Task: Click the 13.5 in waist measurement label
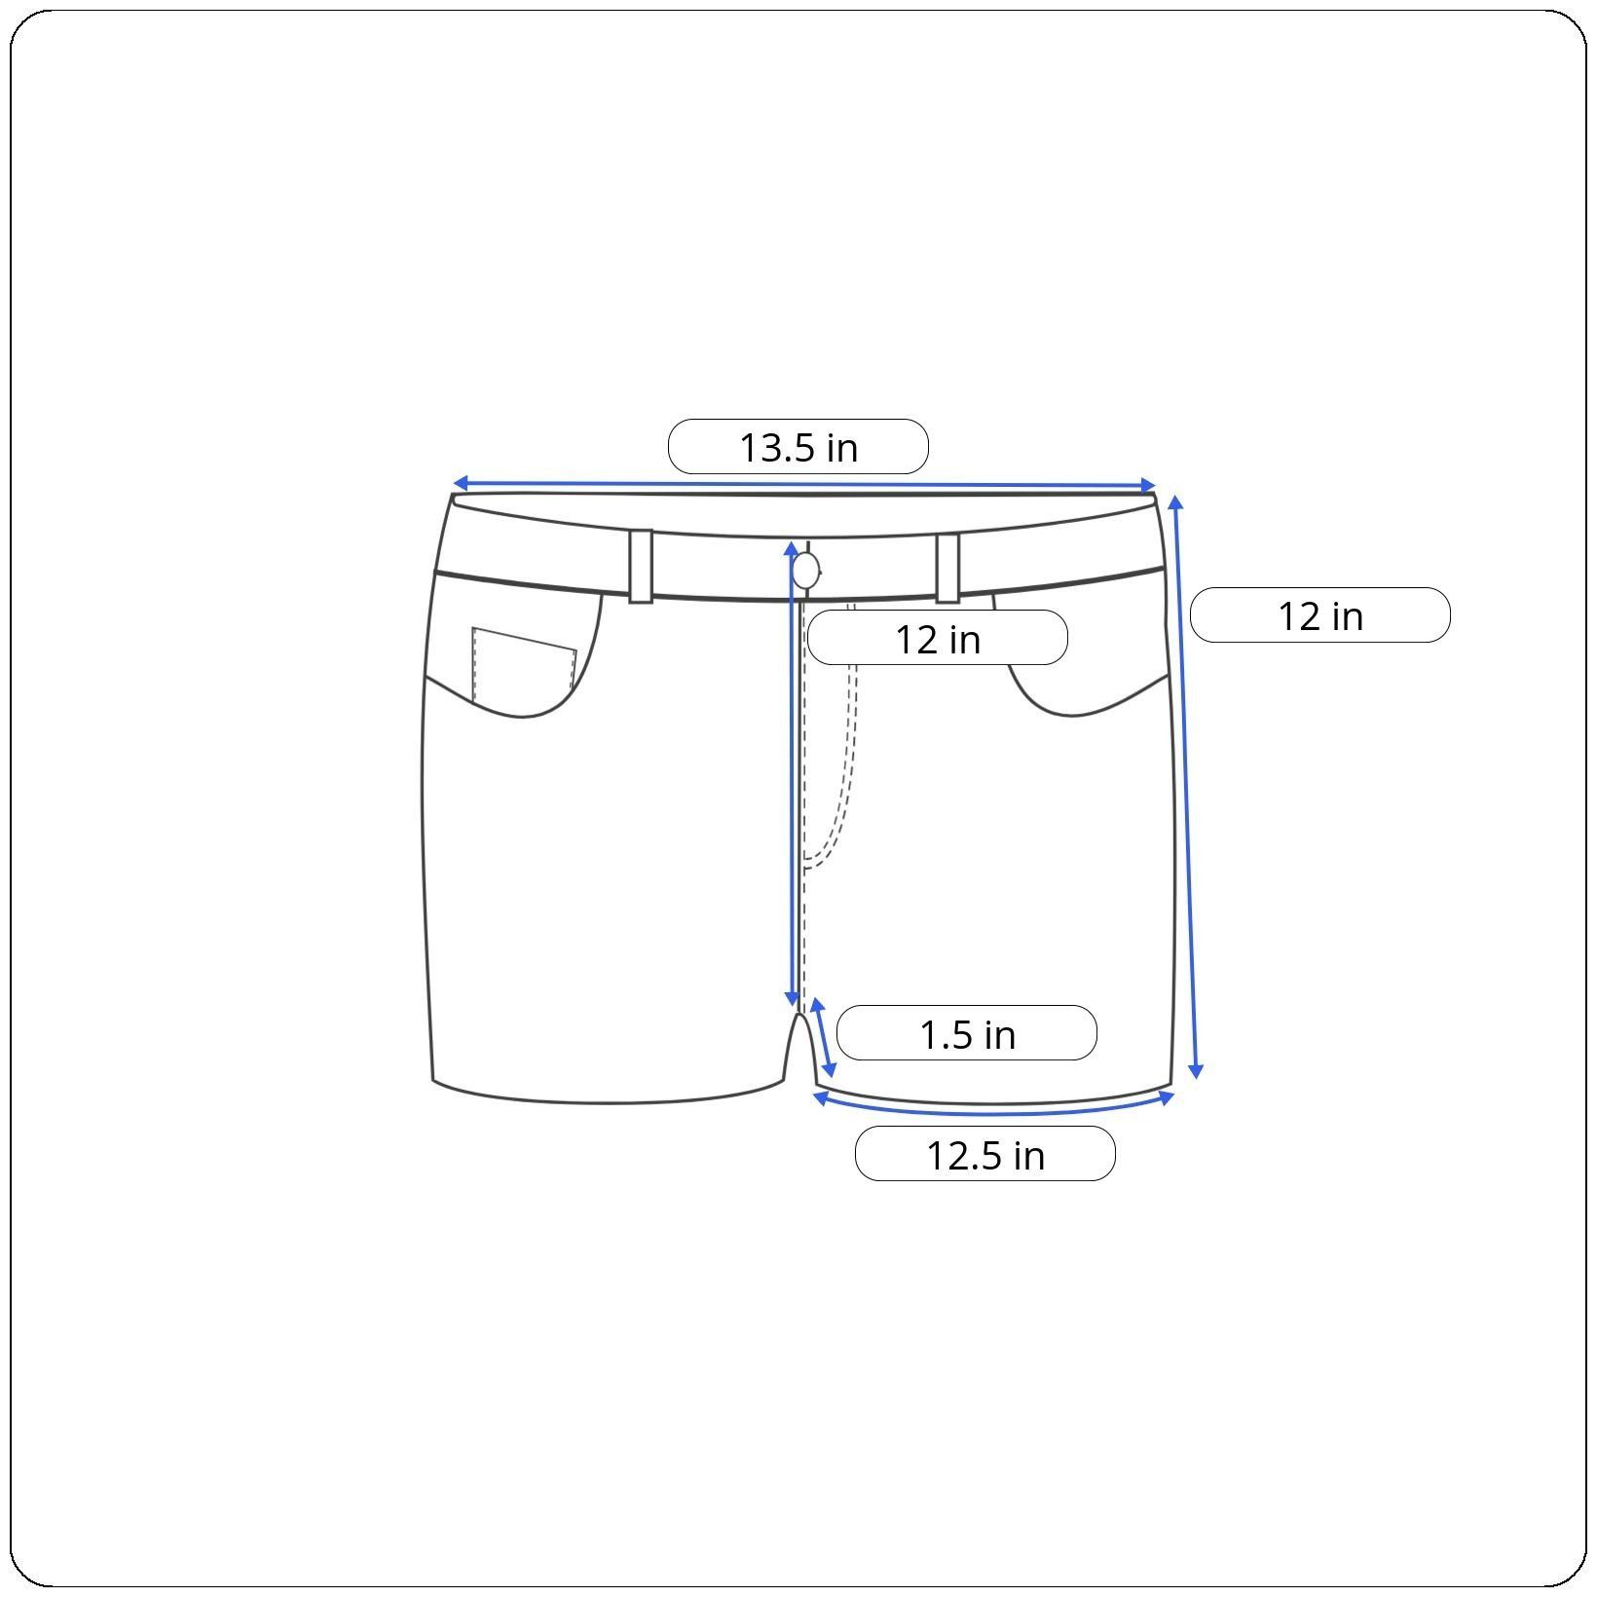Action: (798, 447)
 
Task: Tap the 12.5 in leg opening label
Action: (984, 1154)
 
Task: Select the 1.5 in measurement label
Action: (967, 1033)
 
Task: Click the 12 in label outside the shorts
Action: (1320, 615)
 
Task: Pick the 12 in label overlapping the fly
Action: (938, 638)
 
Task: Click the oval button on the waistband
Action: (806, 571)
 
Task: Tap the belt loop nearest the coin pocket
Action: (641, 567)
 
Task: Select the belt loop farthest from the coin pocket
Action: (948, 568)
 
